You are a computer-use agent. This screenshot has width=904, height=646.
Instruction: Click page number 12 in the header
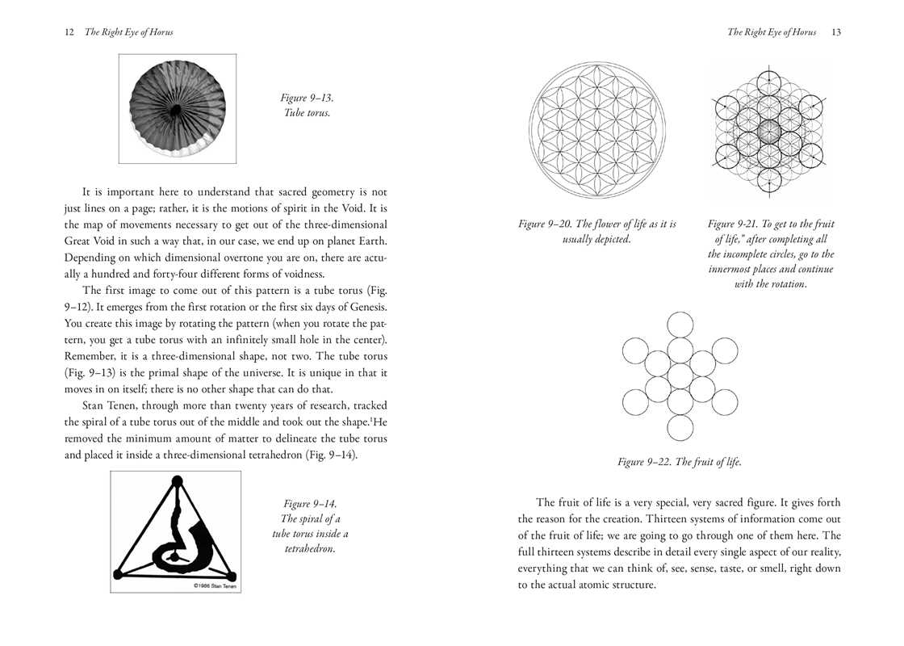point(69,32)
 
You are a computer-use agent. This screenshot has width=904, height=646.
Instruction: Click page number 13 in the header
point(835,32)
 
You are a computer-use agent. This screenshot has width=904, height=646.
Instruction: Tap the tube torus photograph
point(178,109)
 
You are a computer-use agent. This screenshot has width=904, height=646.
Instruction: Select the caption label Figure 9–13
point(306,99)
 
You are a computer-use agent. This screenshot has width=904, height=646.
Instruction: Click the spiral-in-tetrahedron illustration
point(175,532)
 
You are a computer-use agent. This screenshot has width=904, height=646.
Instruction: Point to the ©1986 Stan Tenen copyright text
point(211,585)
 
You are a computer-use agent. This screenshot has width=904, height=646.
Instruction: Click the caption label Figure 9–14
point(310,504)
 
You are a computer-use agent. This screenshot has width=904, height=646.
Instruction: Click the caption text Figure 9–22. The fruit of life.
point(679,462)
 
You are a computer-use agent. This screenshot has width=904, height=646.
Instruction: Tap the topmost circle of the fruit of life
point(680,324)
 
